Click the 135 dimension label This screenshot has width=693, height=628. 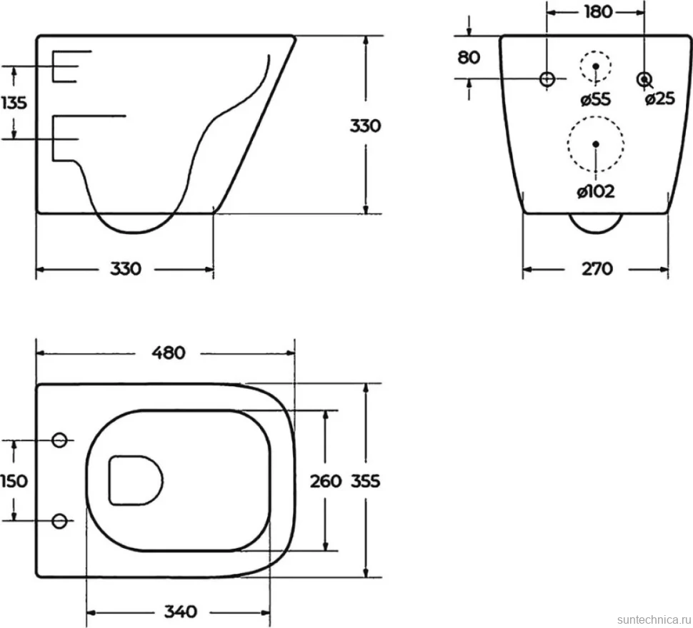click(14, 103)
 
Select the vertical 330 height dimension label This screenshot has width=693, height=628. click(365, 126)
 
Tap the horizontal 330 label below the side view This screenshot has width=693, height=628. click(126, 268)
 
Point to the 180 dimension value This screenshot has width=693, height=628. click(599, 12)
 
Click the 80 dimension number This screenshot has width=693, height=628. click(469, 57)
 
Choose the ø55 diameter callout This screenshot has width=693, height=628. click(595, 99)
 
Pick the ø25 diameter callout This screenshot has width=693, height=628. click(660, 99)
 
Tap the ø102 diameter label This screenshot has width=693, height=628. click(596, 191)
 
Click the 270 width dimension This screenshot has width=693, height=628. click(597, 268)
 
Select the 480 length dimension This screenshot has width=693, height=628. click(169, 353)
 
